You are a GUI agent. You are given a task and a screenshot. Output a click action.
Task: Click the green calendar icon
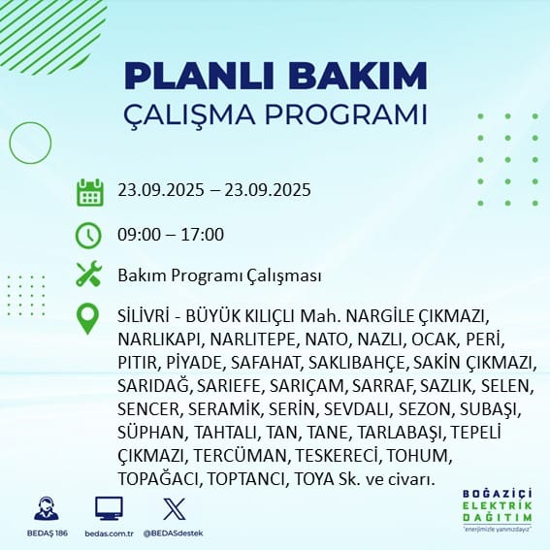pyautogui.click(x=89, y=191)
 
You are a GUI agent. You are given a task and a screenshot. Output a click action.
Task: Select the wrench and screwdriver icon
pyautogui.click(x=89, y=275)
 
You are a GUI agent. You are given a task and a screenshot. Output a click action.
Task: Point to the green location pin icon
pyautogui.click(x=89, y=319)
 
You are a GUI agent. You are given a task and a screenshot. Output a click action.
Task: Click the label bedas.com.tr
pyautogui.click(x=109, y=534)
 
